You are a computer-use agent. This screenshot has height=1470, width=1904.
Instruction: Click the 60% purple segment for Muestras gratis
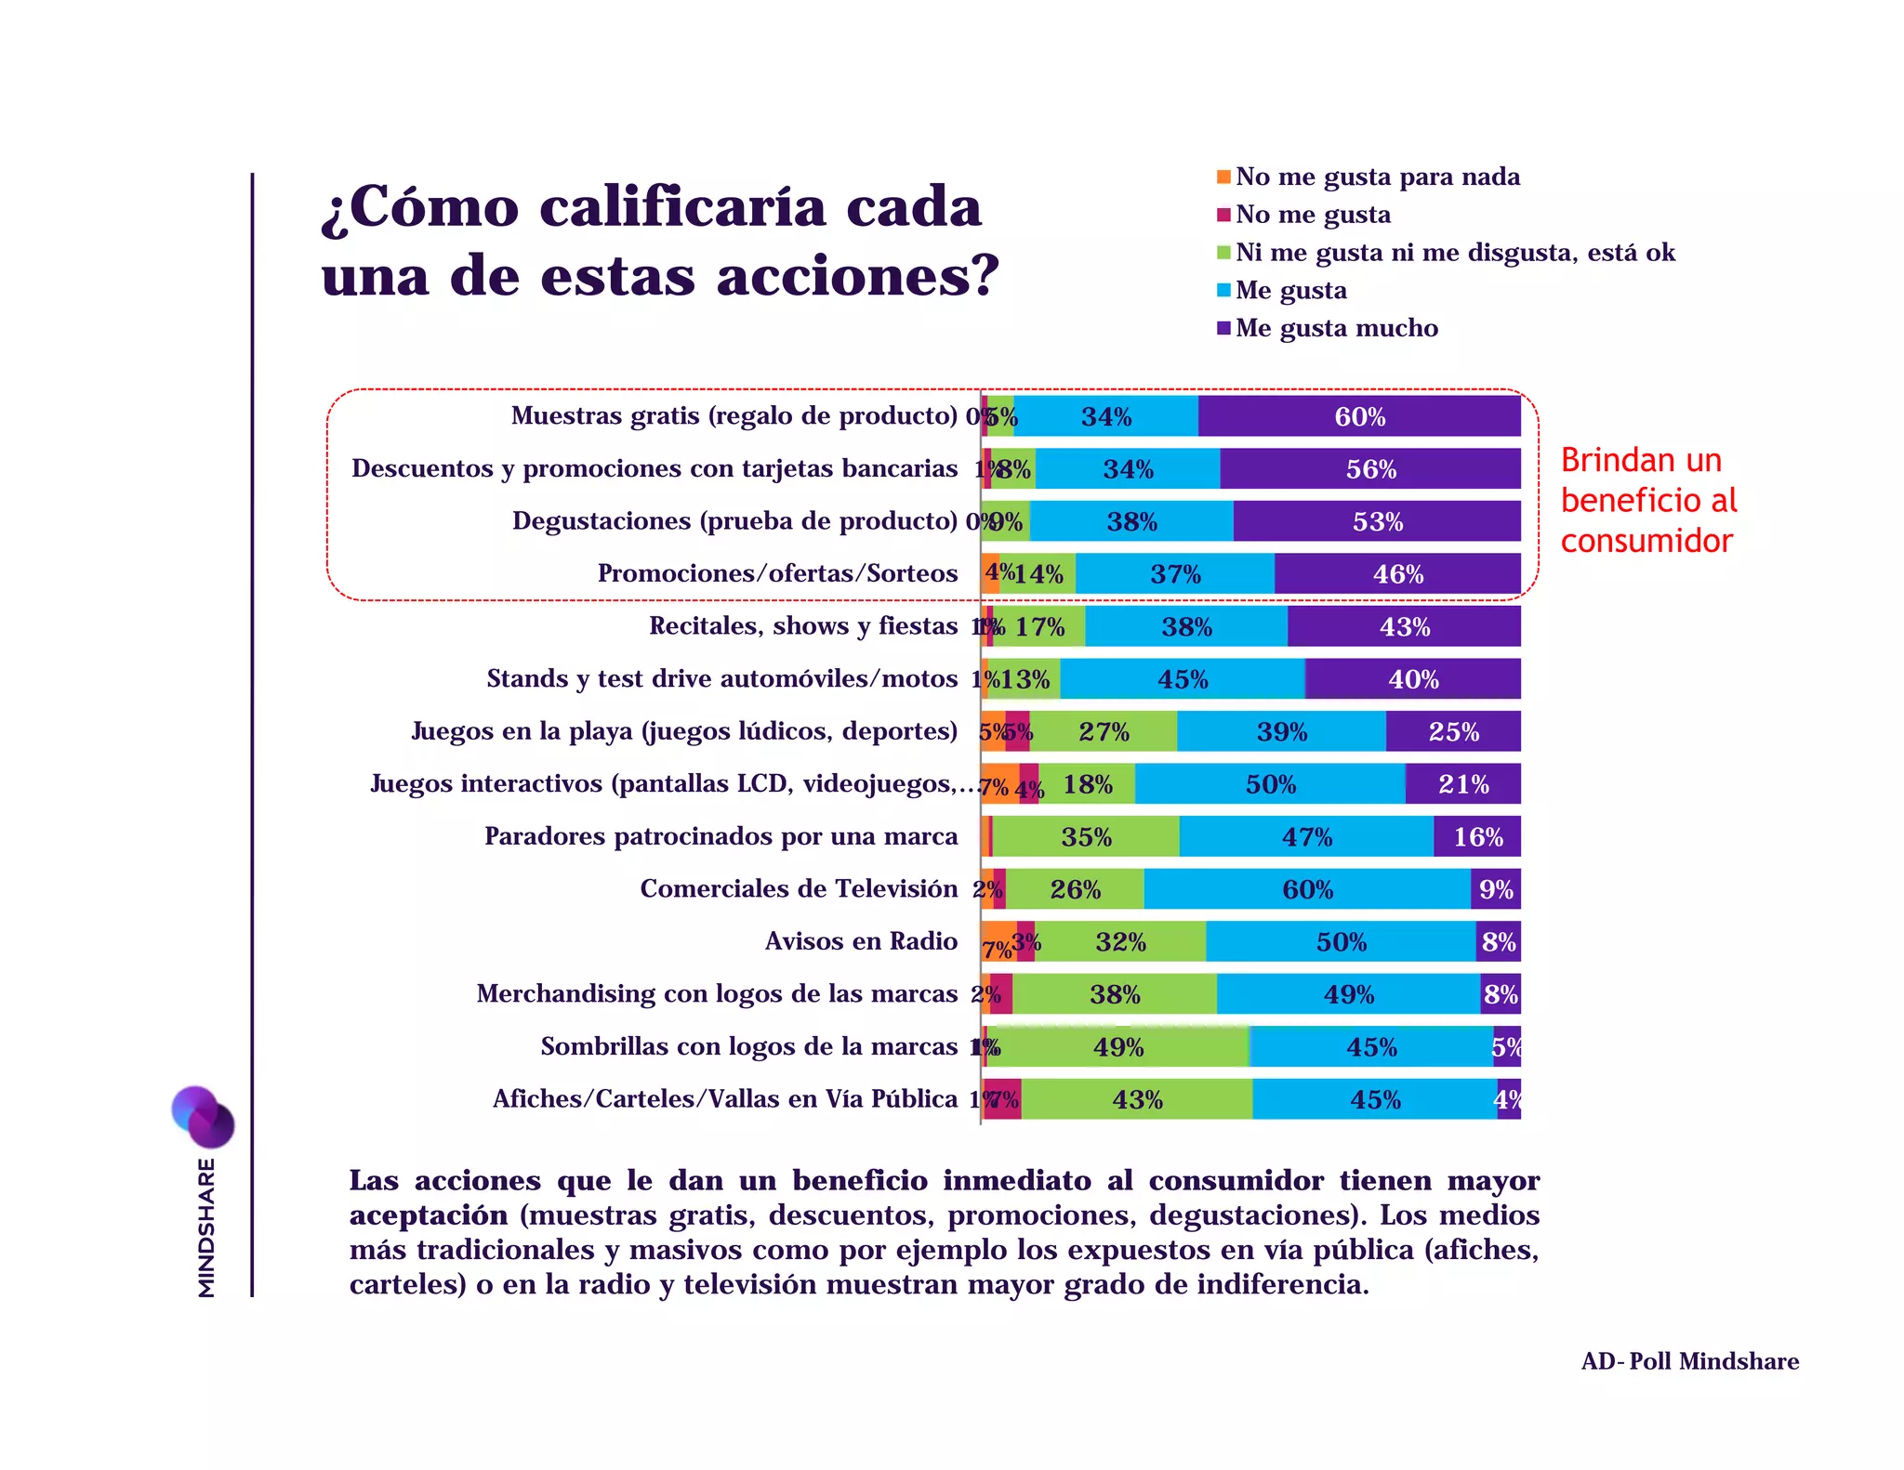[1359, 416]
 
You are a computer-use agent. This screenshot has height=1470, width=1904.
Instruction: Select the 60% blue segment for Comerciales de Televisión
[1307, 889]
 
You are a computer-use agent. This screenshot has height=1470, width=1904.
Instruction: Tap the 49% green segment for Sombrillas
[1118, 1047]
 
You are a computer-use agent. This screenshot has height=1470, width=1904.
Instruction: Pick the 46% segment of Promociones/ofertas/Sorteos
[1397, 574]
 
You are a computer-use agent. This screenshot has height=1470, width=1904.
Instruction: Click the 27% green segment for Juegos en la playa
[1104, 732]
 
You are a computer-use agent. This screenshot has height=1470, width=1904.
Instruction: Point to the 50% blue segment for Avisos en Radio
[1341, 942]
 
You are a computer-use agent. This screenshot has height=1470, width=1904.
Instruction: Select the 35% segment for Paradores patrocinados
[1086, 837]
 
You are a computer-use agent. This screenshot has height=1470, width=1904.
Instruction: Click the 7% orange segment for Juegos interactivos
[998, 785]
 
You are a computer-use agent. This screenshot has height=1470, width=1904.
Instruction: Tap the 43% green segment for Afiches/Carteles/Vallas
[1137, 1100]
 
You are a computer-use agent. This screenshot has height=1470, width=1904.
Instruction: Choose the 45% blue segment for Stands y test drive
[1183, 679]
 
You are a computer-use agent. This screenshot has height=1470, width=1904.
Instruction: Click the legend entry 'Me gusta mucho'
[1336, 328]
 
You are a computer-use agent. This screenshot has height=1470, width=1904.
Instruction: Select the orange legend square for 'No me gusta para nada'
[1223, 177]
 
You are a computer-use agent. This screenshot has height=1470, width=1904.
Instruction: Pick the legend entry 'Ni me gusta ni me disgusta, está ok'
[1454, 253]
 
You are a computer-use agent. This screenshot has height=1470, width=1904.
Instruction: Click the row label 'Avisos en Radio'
[861, 941]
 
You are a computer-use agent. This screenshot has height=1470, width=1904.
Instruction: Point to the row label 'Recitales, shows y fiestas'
[803, 626]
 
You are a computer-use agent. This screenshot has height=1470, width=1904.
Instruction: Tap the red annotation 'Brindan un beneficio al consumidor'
[1647, 500]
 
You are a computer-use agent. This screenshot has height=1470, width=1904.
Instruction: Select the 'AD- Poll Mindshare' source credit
[1689, 1361]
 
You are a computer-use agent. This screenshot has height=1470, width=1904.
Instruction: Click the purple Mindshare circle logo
[203, 1116]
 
